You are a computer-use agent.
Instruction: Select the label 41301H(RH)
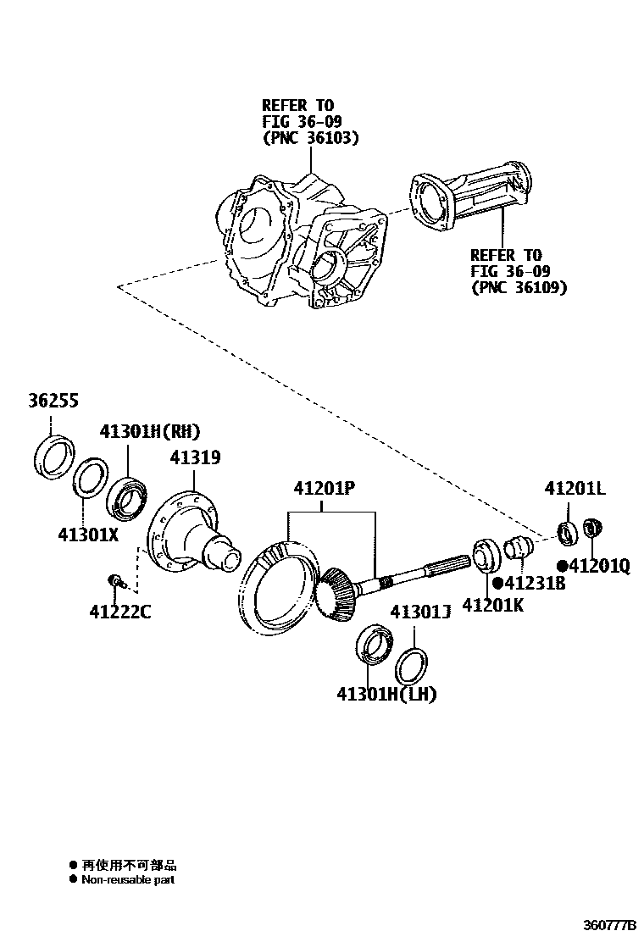tap(150, 431)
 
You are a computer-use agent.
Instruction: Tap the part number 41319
tap(195, 457)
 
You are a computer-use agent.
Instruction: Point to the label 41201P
tap(324, 489)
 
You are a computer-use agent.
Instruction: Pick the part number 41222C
tap(120, 610)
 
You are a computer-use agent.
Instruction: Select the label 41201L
tap(575, 489)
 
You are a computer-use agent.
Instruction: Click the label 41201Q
tap(598, 566)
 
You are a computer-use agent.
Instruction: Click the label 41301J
tap(419, 611)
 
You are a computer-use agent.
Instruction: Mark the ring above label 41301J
tap(411, 662)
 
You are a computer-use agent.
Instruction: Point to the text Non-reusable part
tap(128, 880)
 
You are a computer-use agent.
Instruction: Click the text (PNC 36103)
tap(310, 137)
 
